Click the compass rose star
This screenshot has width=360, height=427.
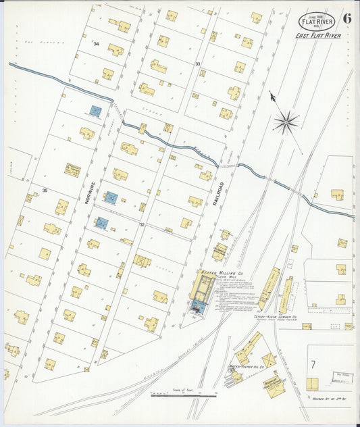tap(286, 122)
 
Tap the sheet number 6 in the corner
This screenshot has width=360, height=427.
tap(346, 18)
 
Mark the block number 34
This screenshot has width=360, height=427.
tap(97, 44)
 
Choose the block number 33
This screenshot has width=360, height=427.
tap(198, 64)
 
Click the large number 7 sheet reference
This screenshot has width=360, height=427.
tap(313, 366)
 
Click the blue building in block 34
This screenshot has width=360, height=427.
tap(96, 110)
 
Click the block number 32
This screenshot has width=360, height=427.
tap(142, 225)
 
